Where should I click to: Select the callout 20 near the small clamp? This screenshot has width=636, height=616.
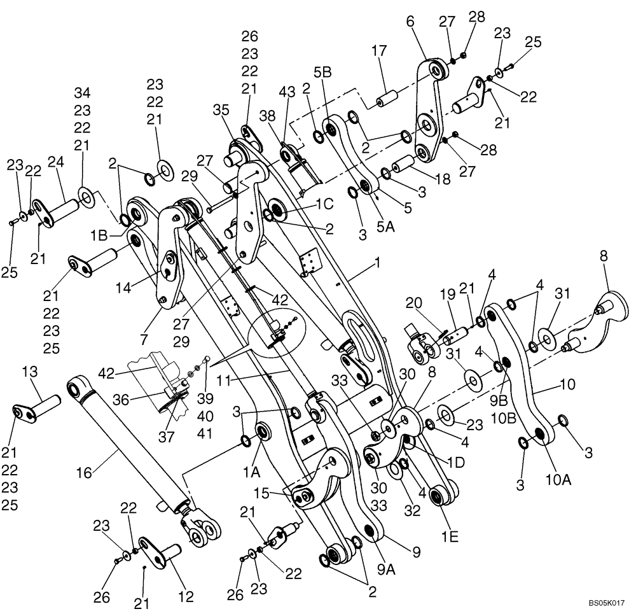415,305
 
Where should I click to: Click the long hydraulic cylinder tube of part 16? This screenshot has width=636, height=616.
121,440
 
